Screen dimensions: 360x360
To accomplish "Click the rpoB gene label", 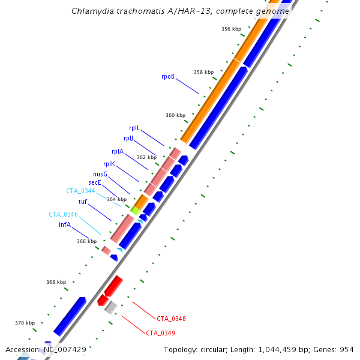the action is [x=167, y=76].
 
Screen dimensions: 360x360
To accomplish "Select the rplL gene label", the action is [x=134, y=128].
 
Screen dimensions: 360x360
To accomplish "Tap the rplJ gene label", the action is [x=128, y=139].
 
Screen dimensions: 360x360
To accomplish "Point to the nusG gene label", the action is [x=100, y=174].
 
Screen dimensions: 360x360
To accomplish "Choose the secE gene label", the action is [x=95, y=182].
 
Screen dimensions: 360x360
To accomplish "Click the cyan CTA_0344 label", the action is [x=80, y=191].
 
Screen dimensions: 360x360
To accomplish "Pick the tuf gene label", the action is [x=83, y=202].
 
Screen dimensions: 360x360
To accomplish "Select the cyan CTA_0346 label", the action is [x=63, y=214].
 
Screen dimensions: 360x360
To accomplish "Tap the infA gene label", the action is [x=65, y=224].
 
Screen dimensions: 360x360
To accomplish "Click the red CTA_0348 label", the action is [x=171, y=319].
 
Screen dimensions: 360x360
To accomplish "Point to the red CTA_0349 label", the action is [x=160, y=333].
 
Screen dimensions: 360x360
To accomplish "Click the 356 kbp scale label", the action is [x=231, y=29].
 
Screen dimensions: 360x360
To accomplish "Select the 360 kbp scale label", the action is [x=175, y=115].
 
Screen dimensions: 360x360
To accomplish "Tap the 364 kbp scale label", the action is [x=117, y=199].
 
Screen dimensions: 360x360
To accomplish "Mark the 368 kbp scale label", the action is [x=56, y=282].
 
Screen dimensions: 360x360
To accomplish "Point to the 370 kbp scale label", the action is [x=25, y=323].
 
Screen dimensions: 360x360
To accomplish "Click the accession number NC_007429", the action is [x=65, y=349].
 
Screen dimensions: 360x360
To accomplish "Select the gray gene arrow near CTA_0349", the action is [x=110, y=308].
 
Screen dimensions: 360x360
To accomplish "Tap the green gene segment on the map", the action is [x=136, y=210].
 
